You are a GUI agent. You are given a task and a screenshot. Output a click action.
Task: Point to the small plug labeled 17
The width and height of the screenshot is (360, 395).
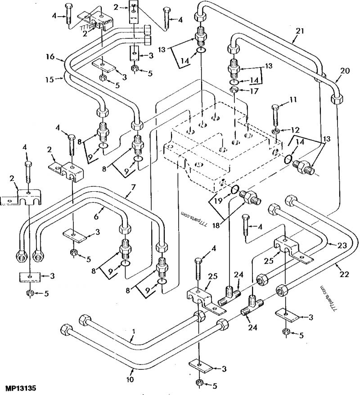pos(234,90)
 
